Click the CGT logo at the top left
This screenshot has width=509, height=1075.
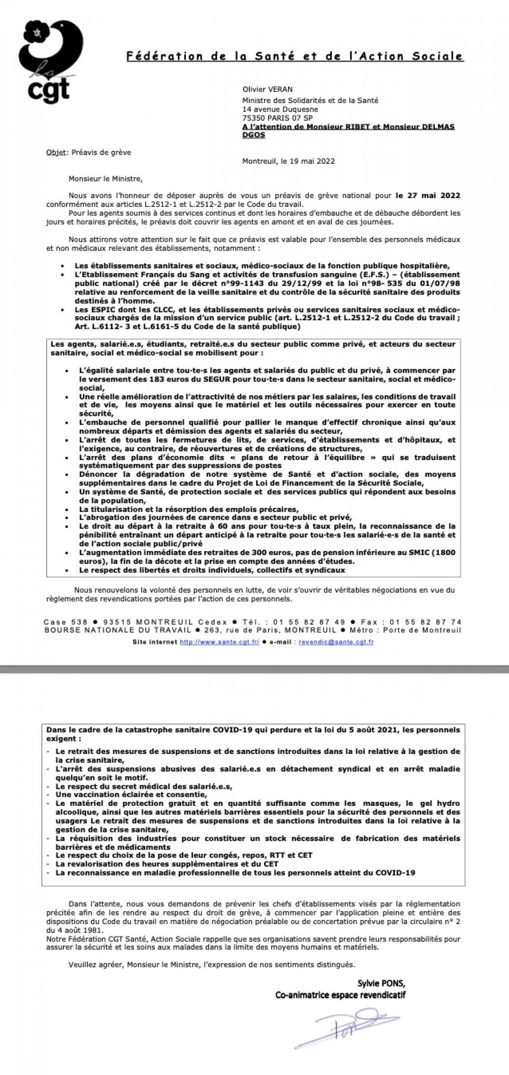click(50, 61)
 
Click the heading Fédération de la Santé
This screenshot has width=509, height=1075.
click(295, 56)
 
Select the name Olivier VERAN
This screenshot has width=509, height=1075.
click(267, 89)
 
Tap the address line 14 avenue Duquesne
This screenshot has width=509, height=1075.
click(280, 109)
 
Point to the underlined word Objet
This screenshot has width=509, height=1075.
click(57, 152)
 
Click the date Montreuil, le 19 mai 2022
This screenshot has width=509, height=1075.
click(288, 161)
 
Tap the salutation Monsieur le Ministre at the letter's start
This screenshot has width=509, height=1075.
click(105, 179)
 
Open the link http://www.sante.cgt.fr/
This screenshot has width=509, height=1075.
click(219, 642)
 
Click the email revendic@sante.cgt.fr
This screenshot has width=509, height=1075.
click(336, 642)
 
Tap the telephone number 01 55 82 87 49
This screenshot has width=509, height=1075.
click(309, 622)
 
